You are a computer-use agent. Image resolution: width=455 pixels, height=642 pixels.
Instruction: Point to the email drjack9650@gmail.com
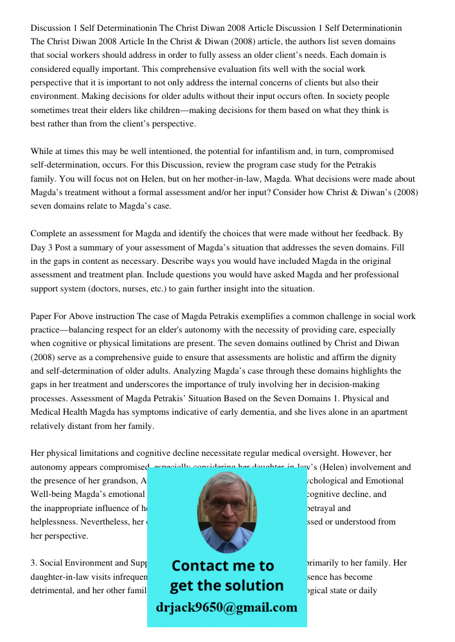(227, 607)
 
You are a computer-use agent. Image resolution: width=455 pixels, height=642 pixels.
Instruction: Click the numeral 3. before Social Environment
(34, 563)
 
